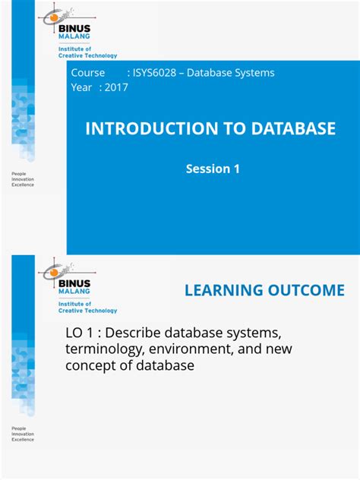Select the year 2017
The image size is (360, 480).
click(x=116, y=87)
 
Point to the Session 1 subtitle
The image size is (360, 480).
click(x=213, y=169)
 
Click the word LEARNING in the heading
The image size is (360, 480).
click(x=221, y=290)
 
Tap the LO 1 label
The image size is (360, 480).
click(x=81, y=333)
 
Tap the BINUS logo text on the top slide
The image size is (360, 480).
click(x=74, y=26)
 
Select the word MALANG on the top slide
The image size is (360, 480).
click(x=74, y=35)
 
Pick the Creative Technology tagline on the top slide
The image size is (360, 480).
click(x=88, y=55)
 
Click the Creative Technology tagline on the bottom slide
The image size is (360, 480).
click(x=88, y=311)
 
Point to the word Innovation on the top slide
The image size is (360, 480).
click(x=23, y=180)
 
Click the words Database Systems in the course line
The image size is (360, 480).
click(x=232, y=73)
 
